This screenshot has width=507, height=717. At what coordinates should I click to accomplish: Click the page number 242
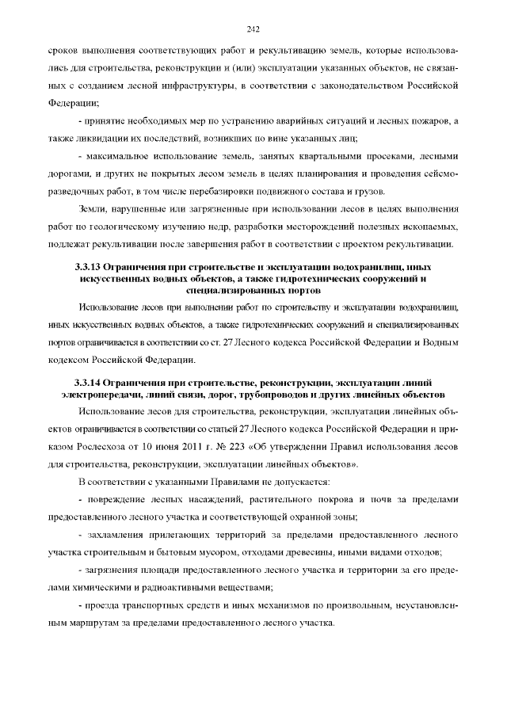[x=253, y=29]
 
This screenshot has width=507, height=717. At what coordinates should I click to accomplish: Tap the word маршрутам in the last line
[x=86, y=623]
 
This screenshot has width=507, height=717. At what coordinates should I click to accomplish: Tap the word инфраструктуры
[x=193, y=85]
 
